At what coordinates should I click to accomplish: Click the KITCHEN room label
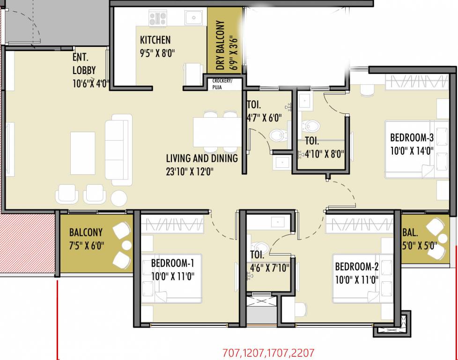pyautogui.click(x=155, y=40)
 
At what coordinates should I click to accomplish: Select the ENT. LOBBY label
pyautogui.click(x=84, y=64)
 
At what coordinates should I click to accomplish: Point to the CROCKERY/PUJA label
pyautogui.click(x=222, y=83)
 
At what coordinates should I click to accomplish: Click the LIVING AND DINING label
pyautogui.click(x=202, y=158)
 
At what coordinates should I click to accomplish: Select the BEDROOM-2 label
pyautogui.click(x=356, y=267)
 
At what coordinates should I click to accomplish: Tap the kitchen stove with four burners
pyautogui.click(x=158, y=18)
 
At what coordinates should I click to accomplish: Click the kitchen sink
pyautogui.click(x=193, y=18)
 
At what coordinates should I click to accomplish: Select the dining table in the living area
pyautogui.click(x=217, y=132)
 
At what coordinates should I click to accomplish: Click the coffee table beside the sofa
pyautogui.click(x=83, y=152)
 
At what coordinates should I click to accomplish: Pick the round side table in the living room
pyautogui.click(x=119, y=198)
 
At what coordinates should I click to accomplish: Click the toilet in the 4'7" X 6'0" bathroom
pyautogui.click(x=278, y=135)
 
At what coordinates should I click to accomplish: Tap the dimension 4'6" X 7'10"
pyautogui.click(x=269, y=268)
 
